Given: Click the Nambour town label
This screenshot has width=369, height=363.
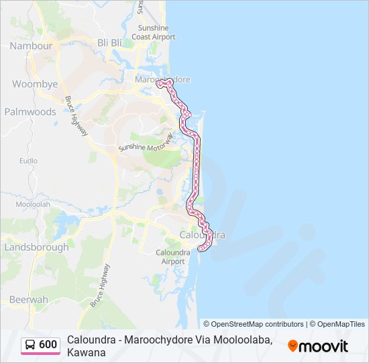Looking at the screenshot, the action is click(x=31, y=46).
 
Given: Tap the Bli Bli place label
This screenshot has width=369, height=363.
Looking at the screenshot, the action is click(x=110, y=42).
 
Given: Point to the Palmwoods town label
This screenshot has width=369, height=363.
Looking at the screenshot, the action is click(x=30, y=112).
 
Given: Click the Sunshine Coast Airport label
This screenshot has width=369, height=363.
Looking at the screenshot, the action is click(x=156, y=32).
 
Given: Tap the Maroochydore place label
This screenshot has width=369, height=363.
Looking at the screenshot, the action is click(x=163, y=79).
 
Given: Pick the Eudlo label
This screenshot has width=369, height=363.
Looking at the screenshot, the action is click(x=28, y=161).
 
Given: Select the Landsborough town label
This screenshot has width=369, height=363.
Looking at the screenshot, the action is click(x=36, y=247).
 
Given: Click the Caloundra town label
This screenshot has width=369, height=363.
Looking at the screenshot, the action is click(x=202, y=235).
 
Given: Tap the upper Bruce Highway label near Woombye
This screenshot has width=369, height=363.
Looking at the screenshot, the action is click(x=76, y=116).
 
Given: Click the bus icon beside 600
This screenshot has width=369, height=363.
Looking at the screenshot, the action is click(x=31, y=345).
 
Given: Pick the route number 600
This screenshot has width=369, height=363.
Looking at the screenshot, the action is click(x=48, y=345).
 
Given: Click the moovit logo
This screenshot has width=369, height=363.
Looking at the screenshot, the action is click(x=318, y=346).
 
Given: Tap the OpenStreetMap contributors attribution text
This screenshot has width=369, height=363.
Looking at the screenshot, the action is click(x=254, y=324).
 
